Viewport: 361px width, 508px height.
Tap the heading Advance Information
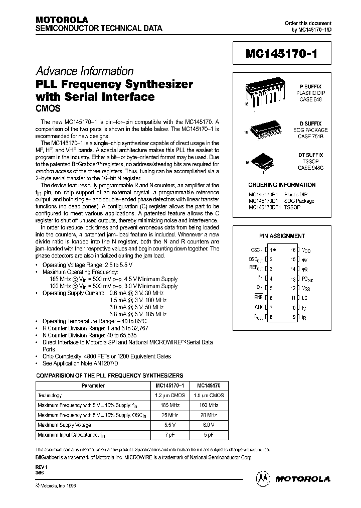click(84, 71)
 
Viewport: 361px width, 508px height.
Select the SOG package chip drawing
click(264, 130)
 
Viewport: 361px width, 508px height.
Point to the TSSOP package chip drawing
click(263, 161)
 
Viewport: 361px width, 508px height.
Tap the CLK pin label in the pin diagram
click(259, 307)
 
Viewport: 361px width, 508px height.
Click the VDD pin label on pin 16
click(306, 249)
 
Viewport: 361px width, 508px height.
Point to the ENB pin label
click(259, 298)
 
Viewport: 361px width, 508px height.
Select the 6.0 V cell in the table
click(207, 424)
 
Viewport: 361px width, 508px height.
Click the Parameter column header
click(93, 386)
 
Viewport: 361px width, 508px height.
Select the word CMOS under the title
click(48, 107)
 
